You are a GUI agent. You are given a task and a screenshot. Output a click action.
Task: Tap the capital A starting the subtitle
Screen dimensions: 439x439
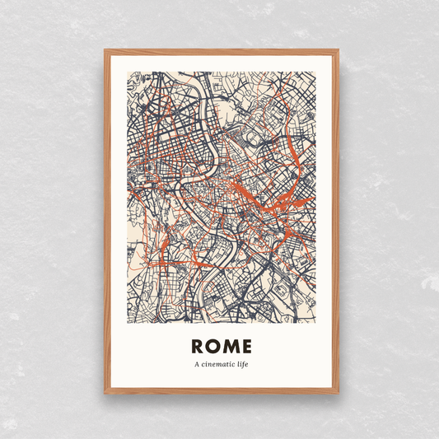coord(197,364)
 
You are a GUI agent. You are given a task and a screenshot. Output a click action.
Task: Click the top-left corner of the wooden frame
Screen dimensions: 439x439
coord(105,51)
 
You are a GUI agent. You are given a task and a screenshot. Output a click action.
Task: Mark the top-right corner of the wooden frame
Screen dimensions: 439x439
coord(337,51)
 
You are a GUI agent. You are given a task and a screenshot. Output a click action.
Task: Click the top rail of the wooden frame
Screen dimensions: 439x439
coord(221,52)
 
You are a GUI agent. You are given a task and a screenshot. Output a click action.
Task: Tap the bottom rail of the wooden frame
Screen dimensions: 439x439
coord(221,390)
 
